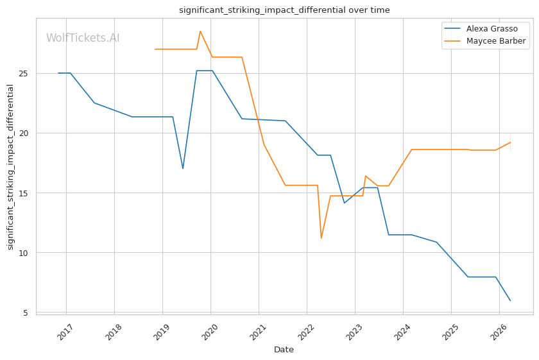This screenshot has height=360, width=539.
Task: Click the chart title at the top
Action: pyautogui.click(x=284, y=10)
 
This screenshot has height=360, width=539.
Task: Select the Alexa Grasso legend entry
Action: pyautogui.click(x=492, y=29)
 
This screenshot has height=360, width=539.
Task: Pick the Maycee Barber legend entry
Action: pyautogui.click(x=496, y=41)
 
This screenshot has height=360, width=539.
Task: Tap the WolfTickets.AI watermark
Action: pyautogui.click(x=83, y=38)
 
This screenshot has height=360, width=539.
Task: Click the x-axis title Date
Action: pyautogui.click(x=284, y=350)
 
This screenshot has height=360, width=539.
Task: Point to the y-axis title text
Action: pyautogui.click(x=10, y=167)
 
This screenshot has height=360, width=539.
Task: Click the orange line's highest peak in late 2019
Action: pyautogui.click(x=200, y=31)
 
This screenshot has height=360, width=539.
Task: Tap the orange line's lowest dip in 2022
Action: pyautogui.click(x=321, y=238)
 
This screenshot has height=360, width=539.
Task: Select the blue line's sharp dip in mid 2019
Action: pyautogui.click(x=183, y=169)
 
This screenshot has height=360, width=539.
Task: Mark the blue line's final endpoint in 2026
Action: pyautogui.click(x=510, y=301)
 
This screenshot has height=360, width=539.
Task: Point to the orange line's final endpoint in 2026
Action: pyautogui.click(x=510, y=142)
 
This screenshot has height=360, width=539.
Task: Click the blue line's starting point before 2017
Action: pyautogui.click(x=58, y=73)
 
